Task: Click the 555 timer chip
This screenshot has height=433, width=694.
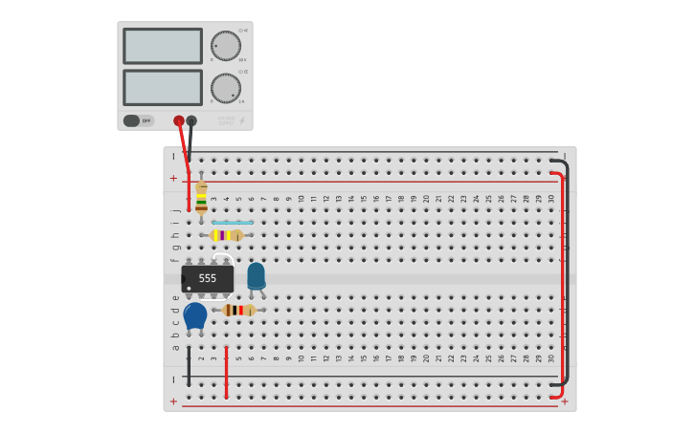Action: [x=208, y=278]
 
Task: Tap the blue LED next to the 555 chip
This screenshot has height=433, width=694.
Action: [x=256, y=276]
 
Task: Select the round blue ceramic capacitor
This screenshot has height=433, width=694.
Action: [x=195, y=315]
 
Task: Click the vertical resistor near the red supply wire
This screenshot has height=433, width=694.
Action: [x=201, y=198]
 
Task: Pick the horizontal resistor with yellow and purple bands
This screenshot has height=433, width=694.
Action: [x=227, y=235]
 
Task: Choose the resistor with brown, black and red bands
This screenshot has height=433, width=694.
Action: [x=237, y=310]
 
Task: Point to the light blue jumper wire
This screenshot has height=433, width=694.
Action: [x=233, y=223]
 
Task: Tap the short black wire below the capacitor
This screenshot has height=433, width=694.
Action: [x=189, y=366]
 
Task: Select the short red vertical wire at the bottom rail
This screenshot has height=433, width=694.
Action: [x=226, y=373]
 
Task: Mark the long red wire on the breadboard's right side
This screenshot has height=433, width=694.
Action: [x=562, y=287]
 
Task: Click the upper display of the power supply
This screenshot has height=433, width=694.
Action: [x=162, y=46]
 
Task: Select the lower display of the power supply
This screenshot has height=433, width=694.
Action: [x=162, y=87]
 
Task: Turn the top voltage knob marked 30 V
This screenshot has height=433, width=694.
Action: [x=226, y=45]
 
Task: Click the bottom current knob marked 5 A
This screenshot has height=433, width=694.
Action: [x=226, y=88]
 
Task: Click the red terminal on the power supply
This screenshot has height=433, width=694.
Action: [x=179, y=121]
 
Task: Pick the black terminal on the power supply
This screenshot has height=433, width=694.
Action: [x=191, y=121]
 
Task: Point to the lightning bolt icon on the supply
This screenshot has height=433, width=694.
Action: [x=241, y=121]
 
